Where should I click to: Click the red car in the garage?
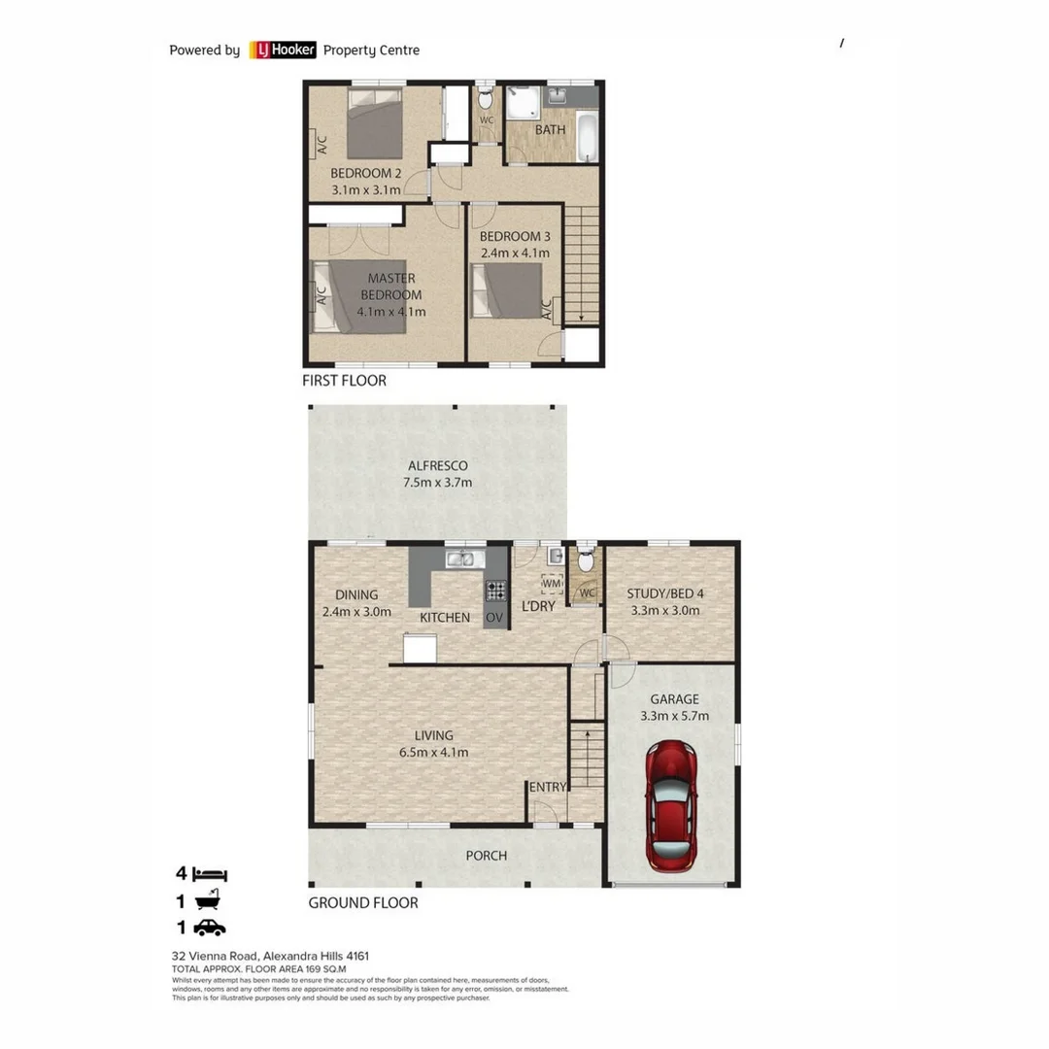coord(671,805)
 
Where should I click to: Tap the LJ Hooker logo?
coord(283,50)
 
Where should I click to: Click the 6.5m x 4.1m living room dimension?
coord(435,752)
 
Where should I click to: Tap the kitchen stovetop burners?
coord(495,590)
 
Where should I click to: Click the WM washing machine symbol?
coord(552,583)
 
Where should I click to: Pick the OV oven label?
coord(494,618)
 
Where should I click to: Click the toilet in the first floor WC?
coord(486,100)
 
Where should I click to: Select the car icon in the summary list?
coord(209,928)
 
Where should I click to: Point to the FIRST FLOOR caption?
coord(344,381)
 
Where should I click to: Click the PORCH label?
coord(486,855)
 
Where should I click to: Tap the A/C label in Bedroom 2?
coord(320,145)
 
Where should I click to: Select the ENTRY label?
coord(547,787)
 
